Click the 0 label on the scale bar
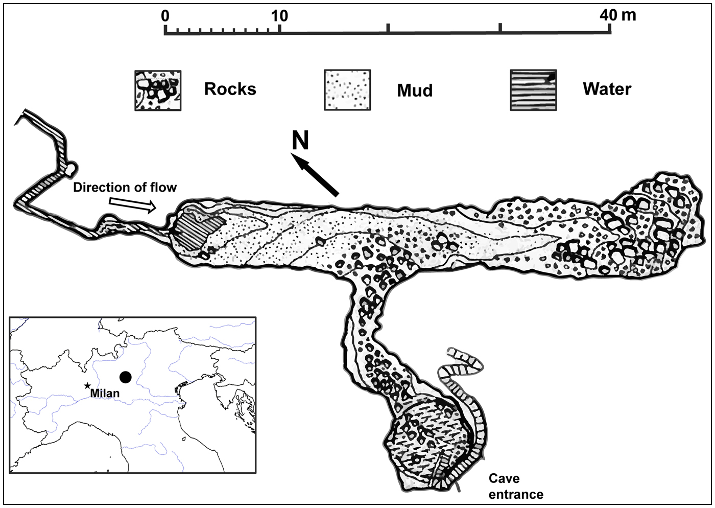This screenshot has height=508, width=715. [x=165, y=15]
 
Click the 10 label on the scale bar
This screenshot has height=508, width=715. [x=279, y=15]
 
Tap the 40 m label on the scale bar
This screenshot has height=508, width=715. [x=618, y=15]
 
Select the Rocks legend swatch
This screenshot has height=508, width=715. [x=157, y=90]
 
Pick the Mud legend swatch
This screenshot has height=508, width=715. [x=347, y=90]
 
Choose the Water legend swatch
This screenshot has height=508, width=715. [x=533, y=90]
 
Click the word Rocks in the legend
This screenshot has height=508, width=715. [x=230, y=89]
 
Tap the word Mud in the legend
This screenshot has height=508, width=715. [x=415, y=90]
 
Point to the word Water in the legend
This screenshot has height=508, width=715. [x=607, y=89]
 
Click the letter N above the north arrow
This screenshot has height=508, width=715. [x=300, y=141]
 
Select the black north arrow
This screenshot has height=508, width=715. [x=316, y=176]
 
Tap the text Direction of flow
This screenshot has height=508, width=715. [x=125, y=188]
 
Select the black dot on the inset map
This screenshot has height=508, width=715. [x=125, y=377]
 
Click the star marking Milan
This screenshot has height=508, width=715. [x=88, y=386]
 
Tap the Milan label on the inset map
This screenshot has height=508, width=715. [x=105, y=394]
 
